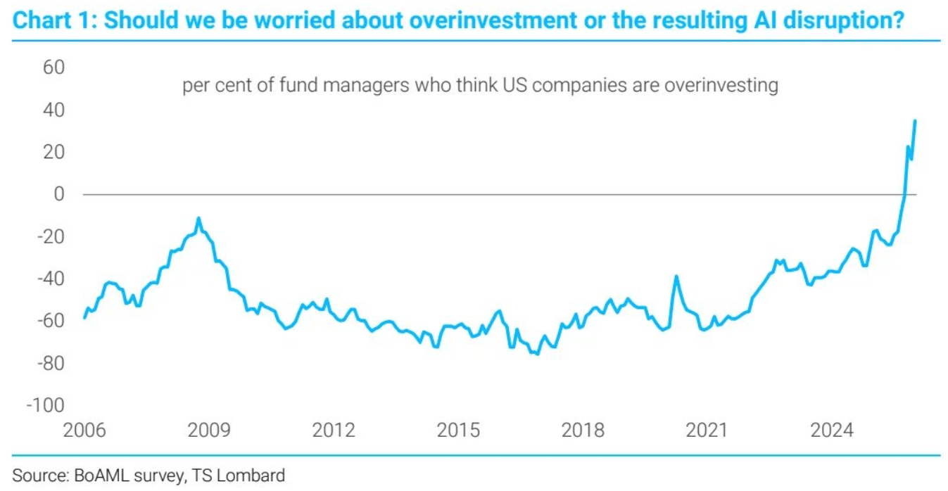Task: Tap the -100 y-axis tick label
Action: click(45, 406)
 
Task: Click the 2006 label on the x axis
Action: click(84, 430)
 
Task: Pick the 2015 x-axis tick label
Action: click(458, 430)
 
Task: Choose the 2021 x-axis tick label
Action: click(707, 430)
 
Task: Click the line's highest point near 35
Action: click(915, 120)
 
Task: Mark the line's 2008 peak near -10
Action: click(199, 218)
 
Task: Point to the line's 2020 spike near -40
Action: click(676, 276)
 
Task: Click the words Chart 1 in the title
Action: click(53, 21)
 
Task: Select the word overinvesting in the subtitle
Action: click(721, 86)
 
